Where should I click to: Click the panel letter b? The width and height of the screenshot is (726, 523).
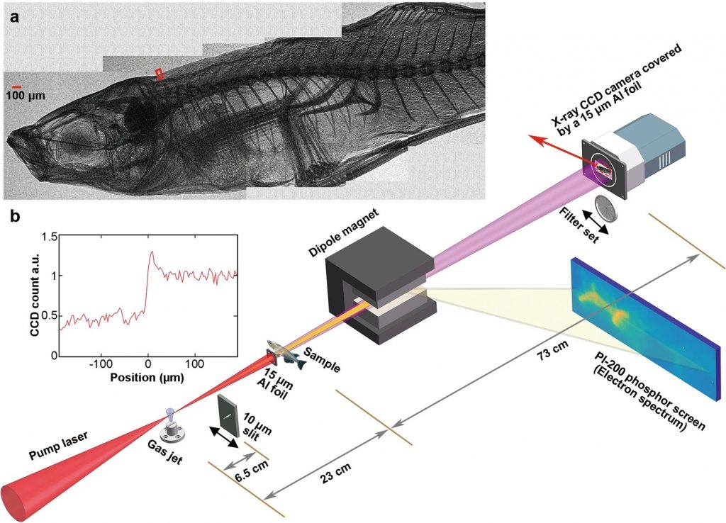[x=13, y=213]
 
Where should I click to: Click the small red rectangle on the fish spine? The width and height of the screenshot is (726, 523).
[x=160, y=73]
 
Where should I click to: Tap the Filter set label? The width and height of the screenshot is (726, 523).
[x=582, y=225]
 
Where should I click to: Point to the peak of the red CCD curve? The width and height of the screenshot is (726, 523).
[x=151, y=252]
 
